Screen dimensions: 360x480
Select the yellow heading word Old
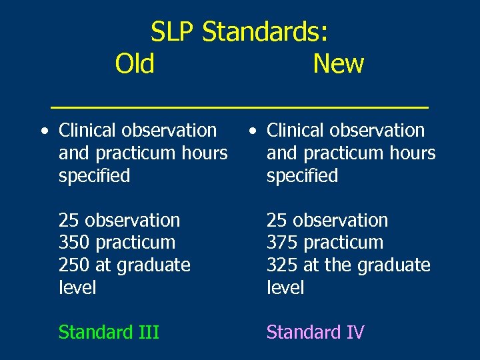click(x=135, y=64)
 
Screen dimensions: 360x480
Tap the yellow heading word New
click(x=338, y=64)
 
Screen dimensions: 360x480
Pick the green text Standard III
click(x=109, y=332)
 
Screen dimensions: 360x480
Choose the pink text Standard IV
click(x=315, y=332)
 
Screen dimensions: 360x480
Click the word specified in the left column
click(x=94, y=177)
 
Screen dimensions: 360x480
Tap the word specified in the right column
click(x=302, y=177)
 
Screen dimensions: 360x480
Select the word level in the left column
click(x=77, y=288)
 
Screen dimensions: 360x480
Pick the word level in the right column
click(x=285, y=288)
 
